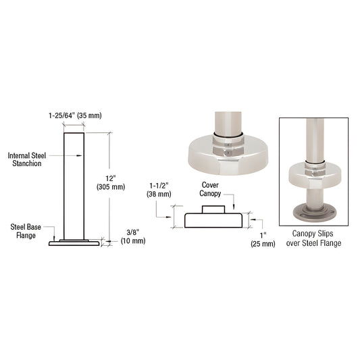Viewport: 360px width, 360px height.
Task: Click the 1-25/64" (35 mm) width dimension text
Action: [75, 115]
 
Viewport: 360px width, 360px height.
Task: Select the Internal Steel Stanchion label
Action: [27, 159]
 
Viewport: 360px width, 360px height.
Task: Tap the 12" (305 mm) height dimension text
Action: [111, 183]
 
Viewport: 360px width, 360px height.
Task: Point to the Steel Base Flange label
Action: [26, 231]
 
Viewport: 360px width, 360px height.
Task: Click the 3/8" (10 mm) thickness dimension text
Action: [133, 236]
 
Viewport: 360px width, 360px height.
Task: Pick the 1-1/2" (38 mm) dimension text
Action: [159, 190]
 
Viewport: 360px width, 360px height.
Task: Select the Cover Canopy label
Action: [210, 189]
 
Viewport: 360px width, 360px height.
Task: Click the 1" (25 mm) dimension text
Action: [263, 240]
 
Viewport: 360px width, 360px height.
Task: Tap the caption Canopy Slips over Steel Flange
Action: [313, 238]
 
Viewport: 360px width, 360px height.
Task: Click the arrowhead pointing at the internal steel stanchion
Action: [79, 155]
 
